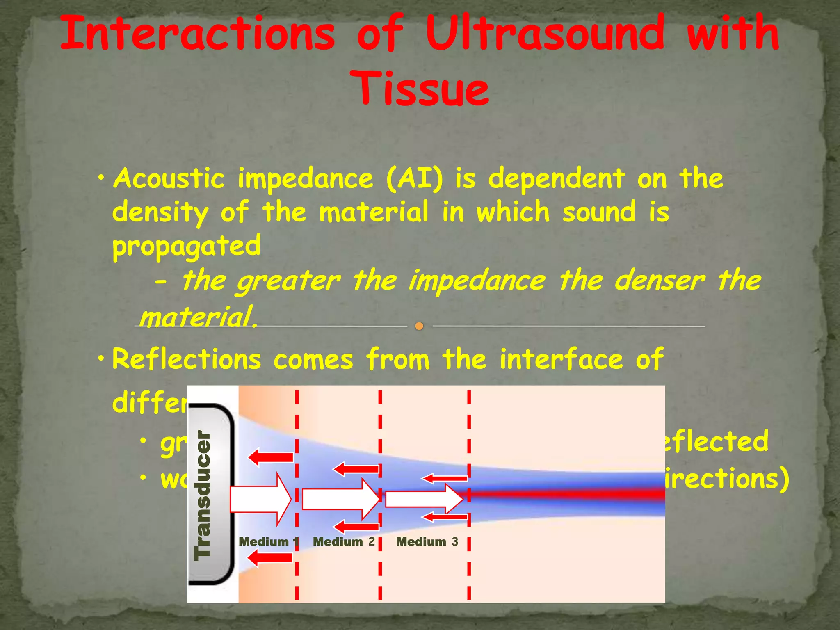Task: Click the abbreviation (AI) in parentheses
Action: (414, 180)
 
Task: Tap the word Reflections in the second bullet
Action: (187, 359)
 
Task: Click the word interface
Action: (561, 359)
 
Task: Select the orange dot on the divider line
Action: (419, 326)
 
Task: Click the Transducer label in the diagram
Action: (203, 495)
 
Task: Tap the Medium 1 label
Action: (269, 542)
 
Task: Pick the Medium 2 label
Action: (344, 542)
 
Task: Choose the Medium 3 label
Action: (427, 542)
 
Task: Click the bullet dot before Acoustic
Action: (101, 179)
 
